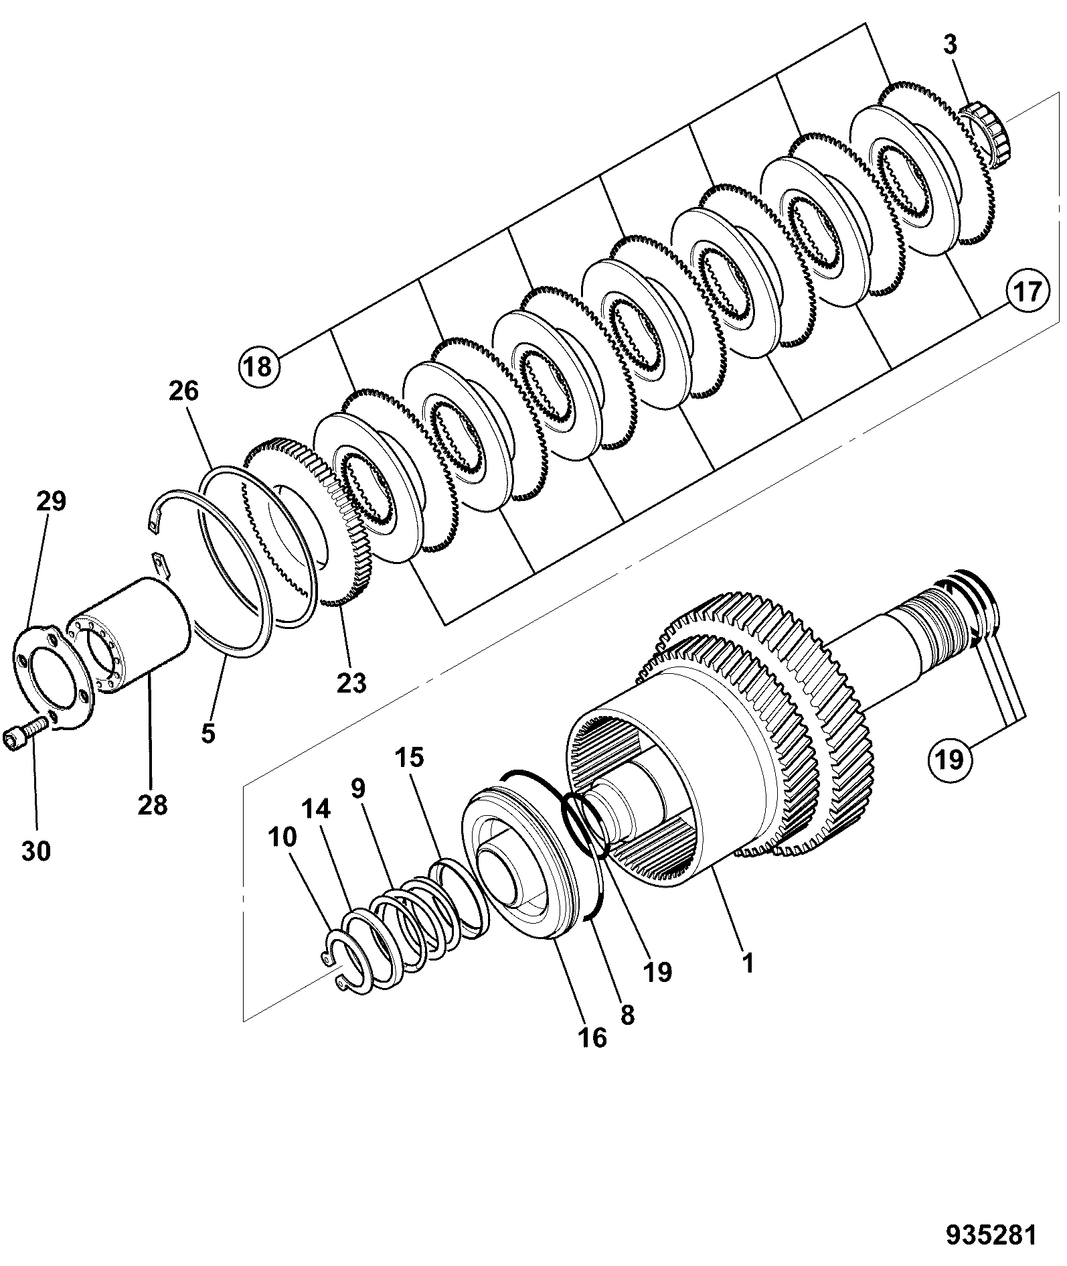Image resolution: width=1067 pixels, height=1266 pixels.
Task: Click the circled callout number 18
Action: [x=258, y=366]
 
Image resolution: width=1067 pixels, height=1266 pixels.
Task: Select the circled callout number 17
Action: [x=1027, y=293]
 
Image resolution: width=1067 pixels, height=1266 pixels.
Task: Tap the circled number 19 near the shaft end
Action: [x=949, y=760]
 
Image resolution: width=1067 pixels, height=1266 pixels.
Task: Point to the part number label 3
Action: [x=951, y=46]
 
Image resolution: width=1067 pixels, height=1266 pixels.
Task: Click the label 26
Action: [x=184, y=391]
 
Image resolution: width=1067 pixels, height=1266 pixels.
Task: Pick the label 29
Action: [x=51, y=501]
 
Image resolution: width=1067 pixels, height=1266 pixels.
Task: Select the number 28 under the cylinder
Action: [x=152, y=804]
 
